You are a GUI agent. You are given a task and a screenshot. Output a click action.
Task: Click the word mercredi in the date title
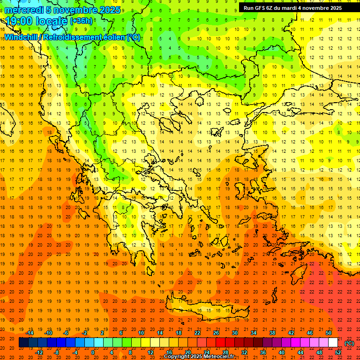[23, 9]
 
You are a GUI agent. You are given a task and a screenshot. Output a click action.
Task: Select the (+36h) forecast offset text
[82, 21]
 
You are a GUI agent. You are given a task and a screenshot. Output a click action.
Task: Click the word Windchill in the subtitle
[21, 37]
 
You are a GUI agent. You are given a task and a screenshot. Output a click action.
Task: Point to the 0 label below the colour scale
[93, 352]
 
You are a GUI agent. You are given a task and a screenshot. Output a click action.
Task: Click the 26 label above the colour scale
[216, 333]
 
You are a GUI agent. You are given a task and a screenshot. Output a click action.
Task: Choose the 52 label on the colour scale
[338, 352]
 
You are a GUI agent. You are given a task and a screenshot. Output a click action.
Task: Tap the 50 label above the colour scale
[329, 333]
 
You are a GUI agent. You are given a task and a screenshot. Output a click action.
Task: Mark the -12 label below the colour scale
[39, 352]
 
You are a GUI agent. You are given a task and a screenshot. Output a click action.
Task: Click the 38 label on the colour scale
[272, 333]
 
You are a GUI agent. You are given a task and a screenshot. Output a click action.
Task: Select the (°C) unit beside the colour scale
[349, 343]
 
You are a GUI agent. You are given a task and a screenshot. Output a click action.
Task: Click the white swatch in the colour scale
[333, 343]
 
